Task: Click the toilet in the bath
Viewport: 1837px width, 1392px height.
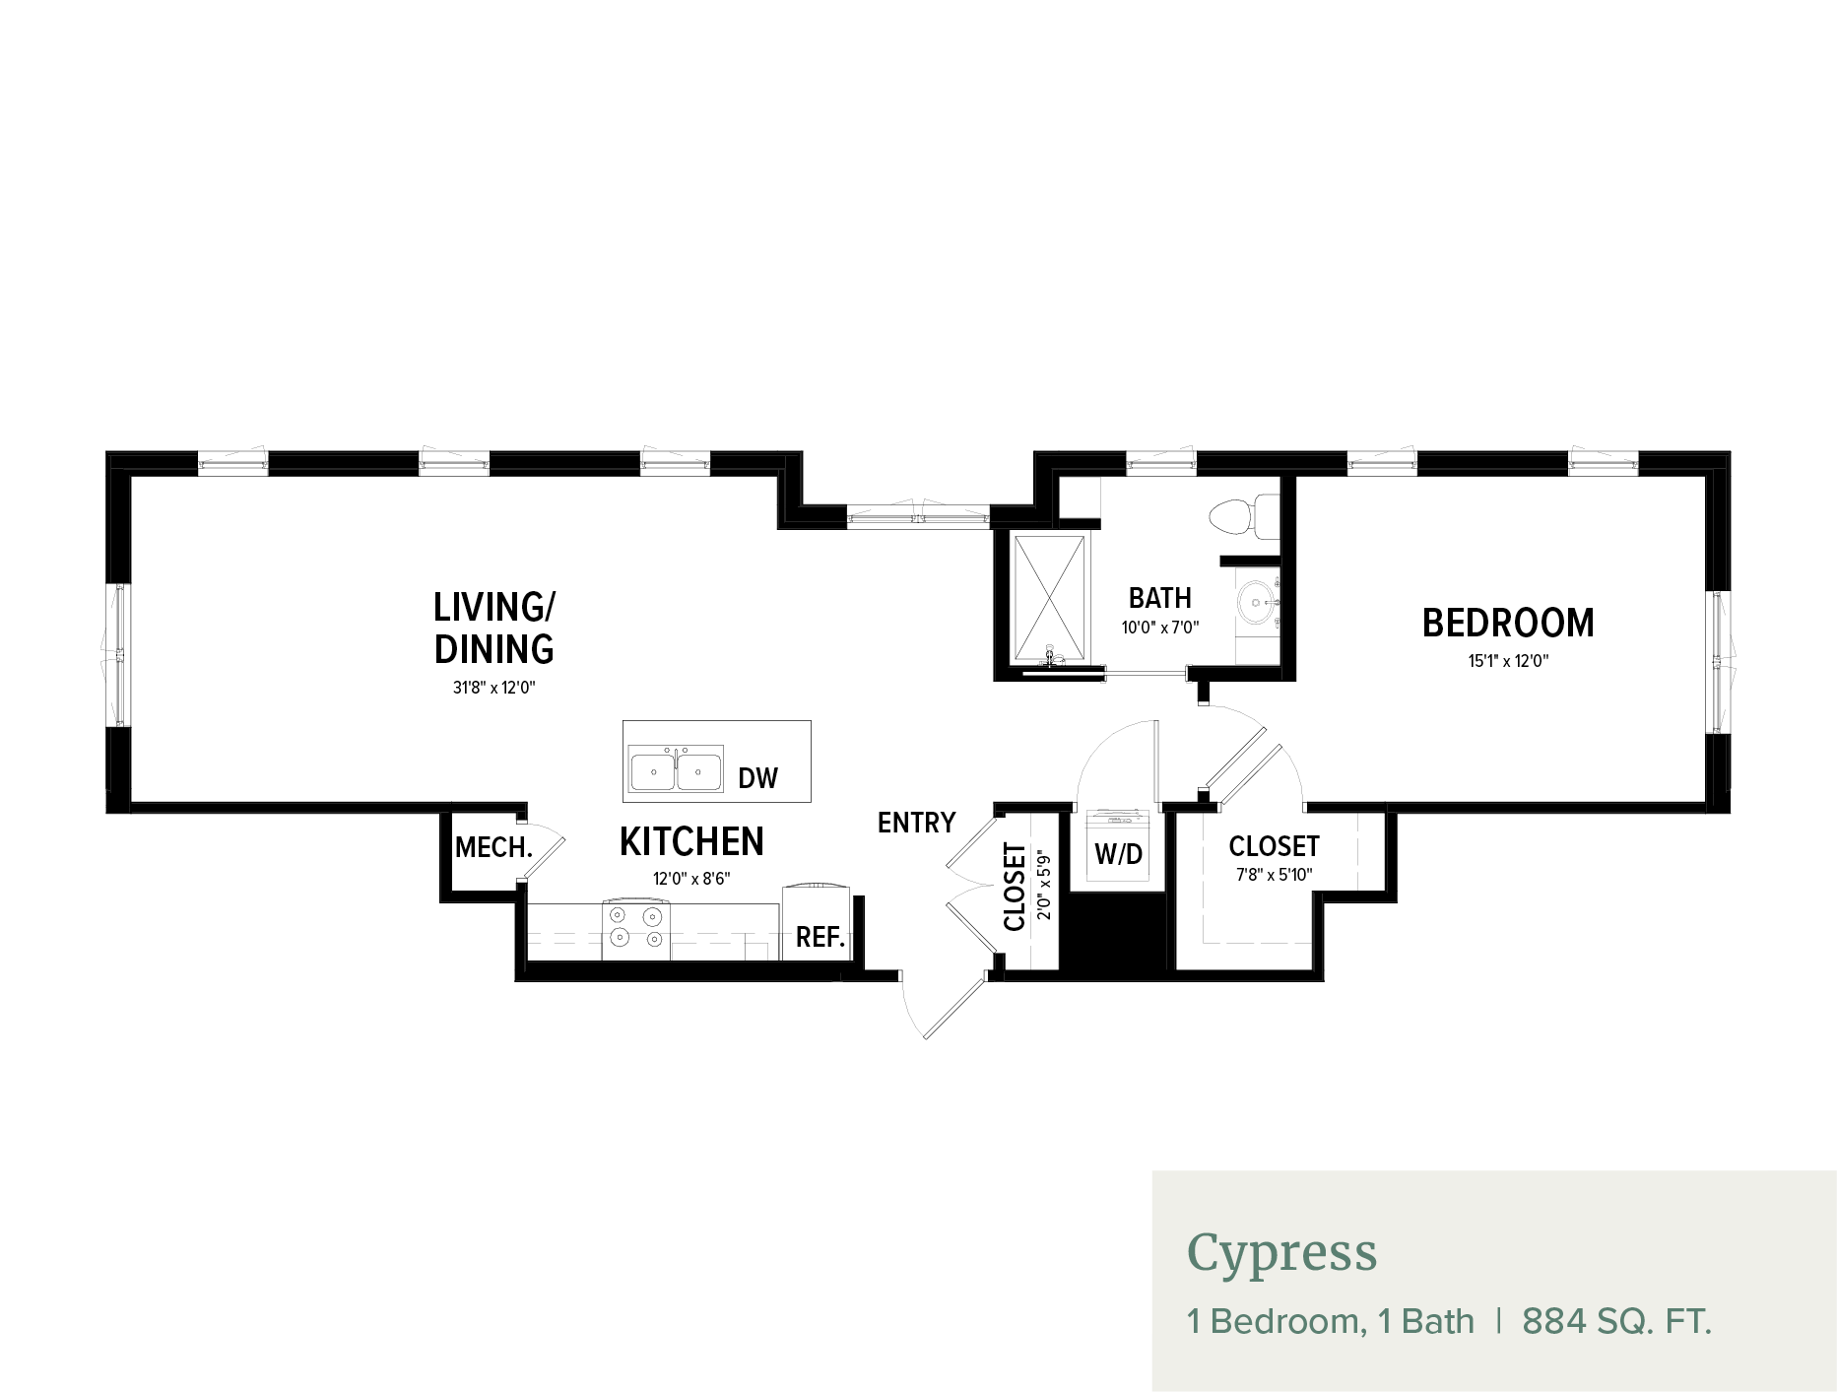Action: click(1243, 517)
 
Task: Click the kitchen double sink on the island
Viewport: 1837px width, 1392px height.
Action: click(676, 768)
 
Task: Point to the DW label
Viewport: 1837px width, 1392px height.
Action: click(757, 778)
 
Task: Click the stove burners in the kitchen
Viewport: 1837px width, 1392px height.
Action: click(636, 928)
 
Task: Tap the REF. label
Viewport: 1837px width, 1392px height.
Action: click(820, 937)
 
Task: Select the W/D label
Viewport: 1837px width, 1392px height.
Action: click(1119, 853)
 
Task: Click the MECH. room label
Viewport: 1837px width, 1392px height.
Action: click(493, 847)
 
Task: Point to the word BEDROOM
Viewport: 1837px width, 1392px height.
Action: click(1508, 623)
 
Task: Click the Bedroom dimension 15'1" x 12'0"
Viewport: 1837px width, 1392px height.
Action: click(1508, 661)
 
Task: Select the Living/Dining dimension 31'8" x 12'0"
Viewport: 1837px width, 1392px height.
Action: click(493, 688)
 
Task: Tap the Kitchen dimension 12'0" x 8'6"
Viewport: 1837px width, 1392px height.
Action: click(691, 879)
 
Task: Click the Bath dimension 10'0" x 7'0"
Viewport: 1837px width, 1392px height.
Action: click(1160, 628)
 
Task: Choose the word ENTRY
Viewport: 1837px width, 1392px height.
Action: click(916, 823)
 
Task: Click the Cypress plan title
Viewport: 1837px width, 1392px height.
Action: click(1281, 1253)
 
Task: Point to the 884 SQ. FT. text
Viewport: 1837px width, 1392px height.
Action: click(1616, 1321)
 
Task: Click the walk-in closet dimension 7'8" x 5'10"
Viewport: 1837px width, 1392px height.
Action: click(1274, 875)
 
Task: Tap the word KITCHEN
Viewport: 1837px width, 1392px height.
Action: click(691, 842)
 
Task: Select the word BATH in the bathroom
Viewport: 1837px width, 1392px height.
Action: click(1160, 598)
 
